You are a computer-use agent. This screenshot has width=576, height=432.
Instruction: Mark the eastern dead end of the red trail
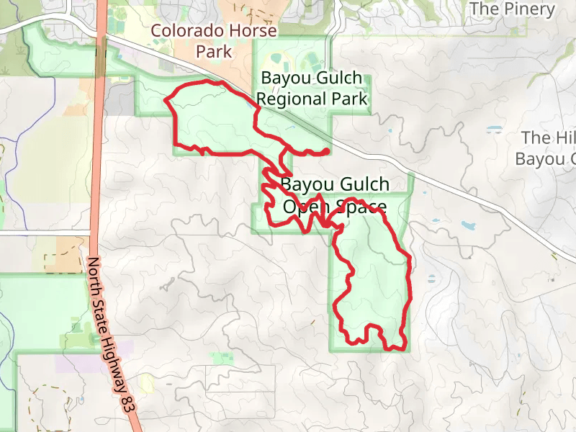point(327,150)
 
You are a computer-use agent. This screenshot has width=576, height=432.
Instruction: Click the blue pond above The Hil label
point(494,130)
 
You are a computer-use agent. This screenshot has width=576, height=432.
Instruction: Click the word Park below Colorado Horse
point(215,52)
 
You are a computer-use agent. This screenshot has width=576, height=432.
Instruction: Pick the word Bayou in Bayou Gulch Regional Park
point(282,78)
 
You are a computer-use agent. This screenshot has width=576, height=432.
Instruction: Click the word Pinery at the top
point(532,9)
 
